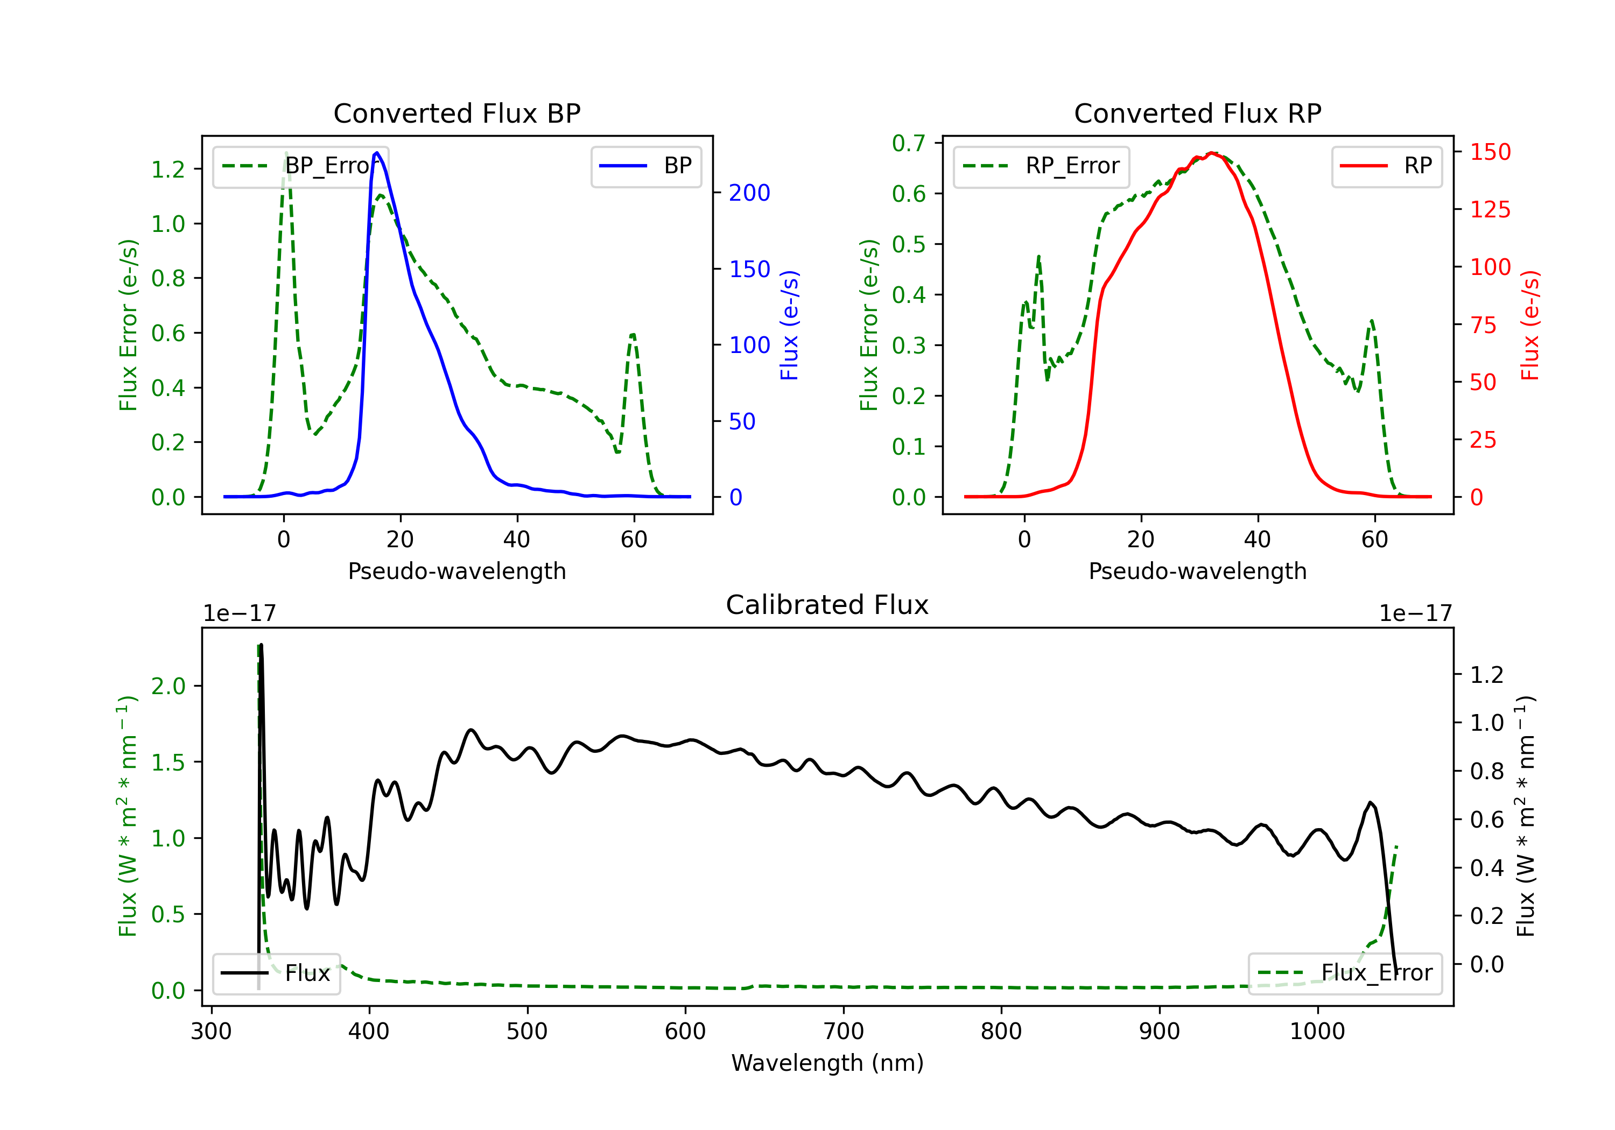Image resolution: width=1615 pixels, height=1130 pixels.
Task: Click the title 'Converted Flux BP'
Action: [457, 113]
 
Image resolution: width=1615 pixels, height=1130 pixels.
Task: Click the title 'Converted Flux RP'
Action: [1198, 113]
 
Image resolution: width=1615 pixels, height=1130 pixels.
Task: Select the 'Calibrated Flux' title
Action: [827, 605]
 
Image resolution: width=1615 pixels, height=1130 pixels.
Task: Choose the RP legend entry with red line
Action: [1386, 166]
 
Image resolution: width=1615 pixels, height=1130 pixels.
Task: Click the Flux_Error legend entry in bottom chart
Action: [1345, 973]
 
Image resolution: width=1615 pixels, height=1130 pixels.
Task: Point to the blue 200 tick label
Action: [750, 193]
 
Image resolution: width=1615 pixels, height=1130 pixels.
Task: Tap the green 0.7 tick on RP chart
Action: [909, 144]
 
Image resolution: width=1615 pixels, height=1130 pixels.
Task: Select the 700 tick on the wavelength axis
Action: [844, 1032]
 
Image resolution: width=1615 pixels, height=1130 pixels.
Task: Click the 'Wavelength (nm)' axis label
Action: [827, 1063]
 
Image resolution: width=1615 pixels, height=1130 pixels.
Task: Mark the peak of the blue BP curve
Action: [377, 153]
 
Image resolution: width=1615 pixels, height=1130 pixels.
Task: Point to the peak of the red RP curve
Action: [1211, 153]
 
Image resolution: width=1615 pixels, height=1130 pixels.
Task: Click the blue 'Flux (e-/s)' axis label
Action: [790, 326]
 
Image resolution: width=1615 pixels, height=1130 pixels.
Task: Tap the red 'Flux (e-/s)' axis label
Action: [1530, 326]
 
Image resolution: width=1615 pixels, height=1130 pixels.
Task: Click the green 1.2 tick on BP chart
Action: [168, 169]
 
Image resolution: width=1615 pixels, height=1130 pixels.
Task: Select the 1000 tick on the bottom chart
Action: [1317, 1032]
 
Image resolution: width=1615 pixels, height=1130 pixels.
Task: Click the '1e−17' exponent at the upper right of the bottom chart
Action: [1416, 614]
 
